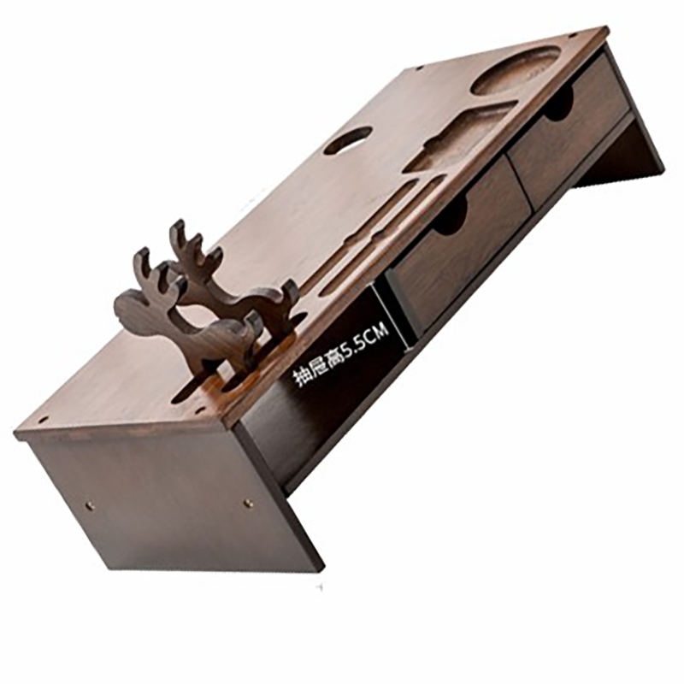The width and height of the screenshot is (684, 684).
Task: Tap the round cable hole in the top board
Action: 348,140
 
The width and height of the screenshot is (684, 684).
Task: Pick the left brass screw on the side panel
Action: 91,506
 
